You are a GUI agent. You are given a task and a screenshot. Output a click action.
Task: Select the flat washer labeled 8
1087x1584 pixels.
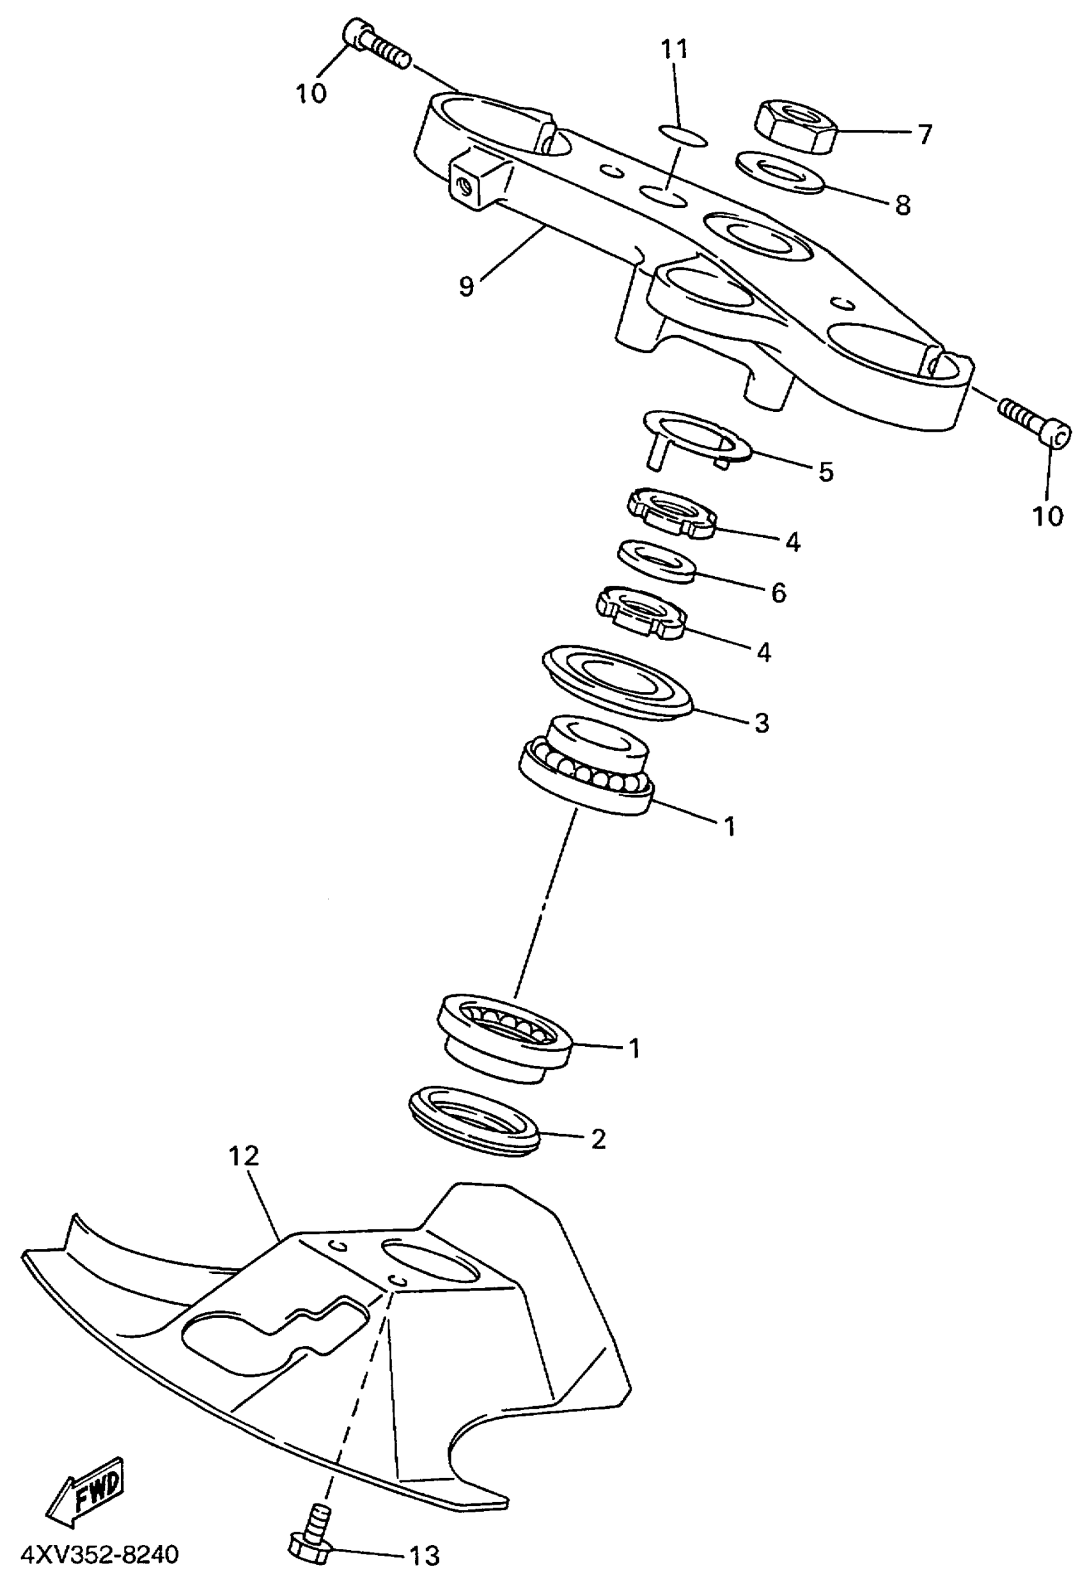point(780,172)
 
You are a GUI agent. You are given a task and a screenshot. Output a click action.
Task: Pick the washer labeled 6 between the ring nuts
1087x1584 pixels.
point(656,561)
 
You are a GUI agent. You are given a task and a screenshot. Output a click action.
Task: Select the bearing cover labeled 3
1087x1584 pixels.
point(618,680)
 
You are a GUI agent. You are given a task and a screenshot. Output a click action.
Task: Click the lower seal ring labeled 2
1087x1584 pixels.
point(474,1121)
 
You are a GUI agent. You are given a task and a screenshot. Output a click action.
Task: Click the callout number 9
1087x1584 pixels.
point(466,286)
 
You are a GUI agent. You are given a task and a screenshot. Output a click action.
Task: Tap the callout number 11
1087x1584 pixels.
point(674,50)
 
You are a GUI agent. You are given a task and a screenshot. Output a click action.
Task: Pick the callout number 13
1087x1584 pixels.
point(424,1555)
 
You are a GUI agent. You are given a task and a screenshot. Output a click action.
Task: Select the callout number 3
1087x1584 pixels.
point(762,723)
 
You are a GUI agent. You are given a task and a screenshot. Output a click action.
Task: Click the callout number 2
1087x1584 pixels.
point(598,1138)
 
